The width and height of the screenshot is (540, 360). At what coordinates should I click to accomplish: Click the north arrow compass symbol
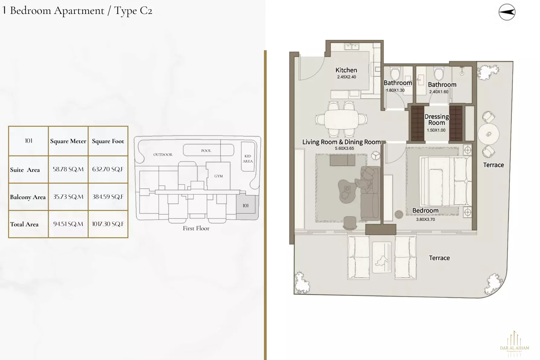tap(507, 12)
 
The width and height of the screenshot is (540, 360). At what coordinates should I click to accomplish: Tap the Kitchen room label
tap(346, 70)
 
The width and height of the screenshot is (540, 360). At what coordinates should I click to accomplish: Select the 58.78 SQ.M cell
tap(68, 169)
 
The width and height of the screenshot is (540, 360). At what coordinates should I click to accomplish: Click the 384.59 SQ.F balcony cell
tap(108, 197)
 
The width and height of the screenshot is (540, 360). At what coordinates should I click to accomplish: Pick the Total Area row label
tap(24, 224)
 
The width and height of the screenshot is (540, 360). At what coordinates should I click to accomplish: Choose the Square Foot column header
tap(108, 141)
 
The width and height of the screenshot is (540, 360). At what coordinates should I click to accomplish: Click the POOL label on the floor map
tap(206, 151)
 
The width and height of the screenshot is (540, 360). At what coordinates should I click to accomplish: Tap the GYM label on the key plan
tap(219, 176)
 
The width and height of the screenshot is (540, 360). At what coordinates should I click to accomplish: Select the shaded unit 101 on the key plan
tap(246, 206)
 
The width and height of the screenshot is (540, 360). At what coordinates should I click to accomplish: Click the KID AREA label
tap(248, 159)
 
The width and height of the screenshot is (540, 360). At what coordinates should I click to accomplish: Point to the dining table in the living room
tap(341, 119)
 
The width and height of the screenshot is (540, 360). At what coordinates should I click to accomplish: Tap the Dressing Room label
tap(437, 120)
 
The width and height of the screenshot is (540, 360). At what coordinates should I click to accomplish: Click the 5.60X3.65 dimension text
tap(344, 149)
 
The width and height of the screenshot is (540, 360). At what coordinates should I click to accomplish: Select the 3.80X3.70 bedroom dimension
tap(425, 220)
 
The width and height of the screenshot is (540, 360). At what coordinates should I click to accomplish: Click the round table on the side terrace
tap(488, 134)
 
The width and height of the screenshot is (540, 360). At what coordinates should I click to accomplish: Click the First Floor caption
tap(196, 229)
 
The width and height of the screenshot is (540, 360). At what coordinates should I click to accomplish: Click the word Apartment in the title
tap(79, 11)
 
